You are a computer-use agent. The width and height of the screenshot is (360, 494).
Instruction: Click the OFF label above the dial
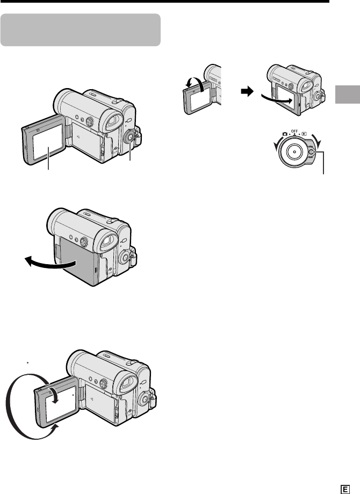pos(294,130)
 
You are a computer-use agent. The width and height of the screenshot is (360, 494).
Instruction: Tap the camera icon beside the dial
pos(285,134)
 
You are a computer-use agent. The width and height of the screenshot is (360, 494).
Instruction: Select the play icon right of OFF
pos(304,134)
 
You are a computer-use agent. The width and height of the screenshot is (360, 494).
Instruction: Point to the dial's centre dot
pos(294,151)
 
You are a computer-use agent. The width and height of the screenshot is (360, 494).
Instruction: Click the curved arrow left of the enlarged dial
pos(277,145)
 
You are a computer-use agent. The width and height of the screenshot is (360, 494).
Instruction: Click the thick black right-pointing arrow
pos(248,92)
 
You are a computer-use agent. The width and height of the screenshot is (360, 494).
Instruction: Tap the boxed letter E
pos(345,489)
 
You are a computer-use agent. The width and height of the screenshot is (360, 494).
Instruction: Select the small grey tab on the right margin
pos(348,94)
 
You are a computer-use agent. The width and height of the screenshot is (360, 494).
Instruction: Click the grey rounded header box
pos(81,30)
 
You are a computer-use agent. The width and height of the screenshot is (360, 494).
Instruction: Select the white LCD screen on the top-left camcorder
pos(48,141)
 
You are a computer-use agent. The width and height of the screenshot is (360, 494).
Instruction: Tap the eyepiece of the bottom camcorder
pos(128,382)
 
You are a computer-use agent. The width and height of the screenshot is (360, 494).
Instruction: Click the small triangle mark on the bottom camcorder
pos(91,399)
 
